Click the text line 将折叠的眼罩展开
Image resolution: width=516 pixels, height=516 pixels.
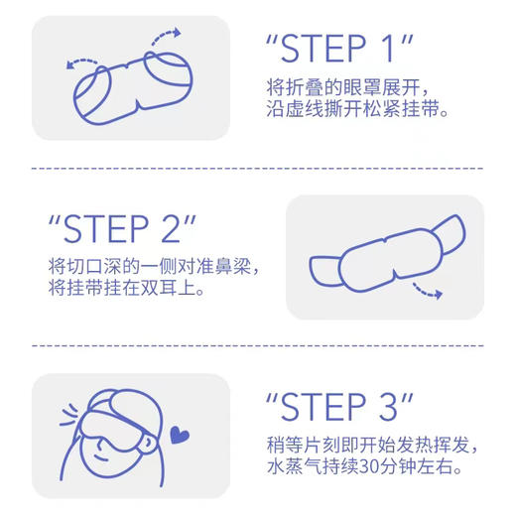click(x=337, y=88)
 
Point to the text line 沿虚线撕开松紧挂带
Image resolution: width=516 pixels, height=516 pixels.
click(x=361, y=112)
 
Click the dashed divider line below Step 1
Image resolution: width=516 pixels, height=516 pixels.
click(x=258, y=168)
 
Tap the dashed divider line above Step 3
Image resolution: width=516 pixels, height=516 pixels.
click(x=258, y=346)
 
